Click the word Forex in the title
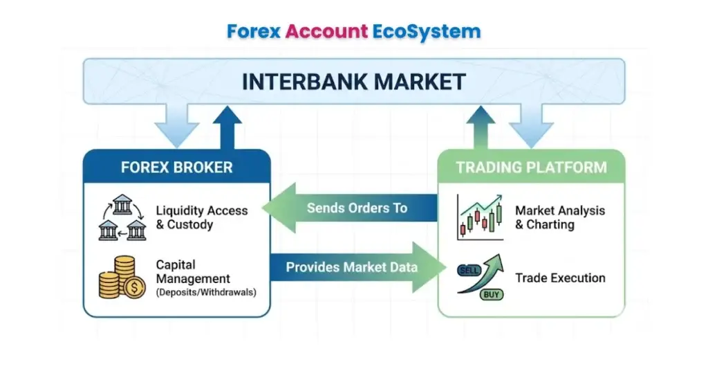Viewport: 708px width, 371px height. [254, 31]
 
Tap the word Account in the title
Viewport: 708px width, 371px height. [326, 31]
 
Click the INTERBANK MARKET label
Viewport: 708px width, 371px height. [353, 82]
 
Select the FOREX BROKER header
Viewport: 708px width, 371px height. [176, 167]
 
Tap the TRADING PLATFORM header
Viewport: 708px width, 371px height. [531, 167]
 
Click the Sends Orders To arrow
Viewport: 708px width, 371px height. [353, 208]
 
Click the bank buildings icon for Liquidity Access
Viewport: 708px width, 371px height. [122, 217]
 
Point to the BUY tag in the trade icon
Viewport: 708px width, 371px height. [492, 294]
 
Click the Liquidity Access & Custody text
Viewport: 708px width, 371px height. [201, 217]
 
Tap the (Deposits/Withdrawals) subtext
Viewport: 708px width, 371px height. [205, 292]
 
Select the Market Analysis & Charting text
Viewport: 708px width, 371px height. [559, 217]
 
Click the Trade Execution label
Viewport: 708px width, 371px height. [560, 278]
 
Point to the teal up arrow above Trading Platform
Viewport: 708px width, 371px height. [485, 128]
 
